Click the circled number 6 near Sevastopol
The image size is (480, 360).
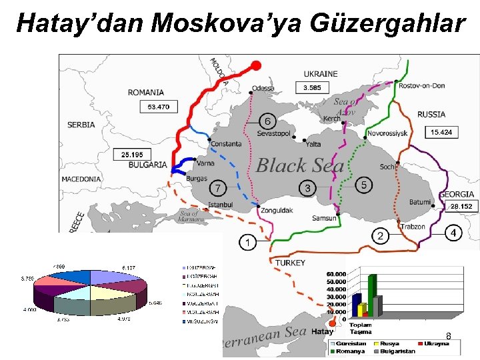pyautogui.click(x=267, y=121)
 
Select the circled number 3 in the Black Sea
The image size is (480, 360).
pyautogui.click(x=307, y=189)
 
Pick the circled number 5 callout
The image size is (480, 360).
pyautogui.click(x=363, y=185)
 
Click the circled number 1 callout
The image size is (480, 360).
pyautogui.click(x=248, y=243)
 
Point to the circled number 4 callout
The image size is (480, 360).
pyautogui.click(x=453, y=233)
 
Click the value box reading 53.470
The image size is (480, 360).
pyautogui.click(x=159, y=107)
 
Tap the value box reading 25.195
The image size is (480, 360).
pyautogui.click(x=132, y=155)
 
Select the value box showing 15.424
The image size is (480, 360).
pyautogui.click(x=441, y=133)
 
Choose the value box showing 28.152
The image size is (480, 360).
pyautogui.click(x=461, y=207)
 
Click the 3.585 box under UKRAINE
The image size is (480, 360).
pyautogui.click(x=312, y=87)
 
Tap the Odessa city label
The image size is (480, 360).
pyautogui.click(x=263, y=88)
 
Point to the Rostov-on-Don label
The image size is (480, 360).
pyautogui.click(x=422, y=85)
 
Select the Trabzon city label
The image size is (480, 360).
pyautogui.click(x=413, y=227)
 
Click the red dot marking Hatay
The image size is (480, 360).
pyautogui.click(x=333, y=326)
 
